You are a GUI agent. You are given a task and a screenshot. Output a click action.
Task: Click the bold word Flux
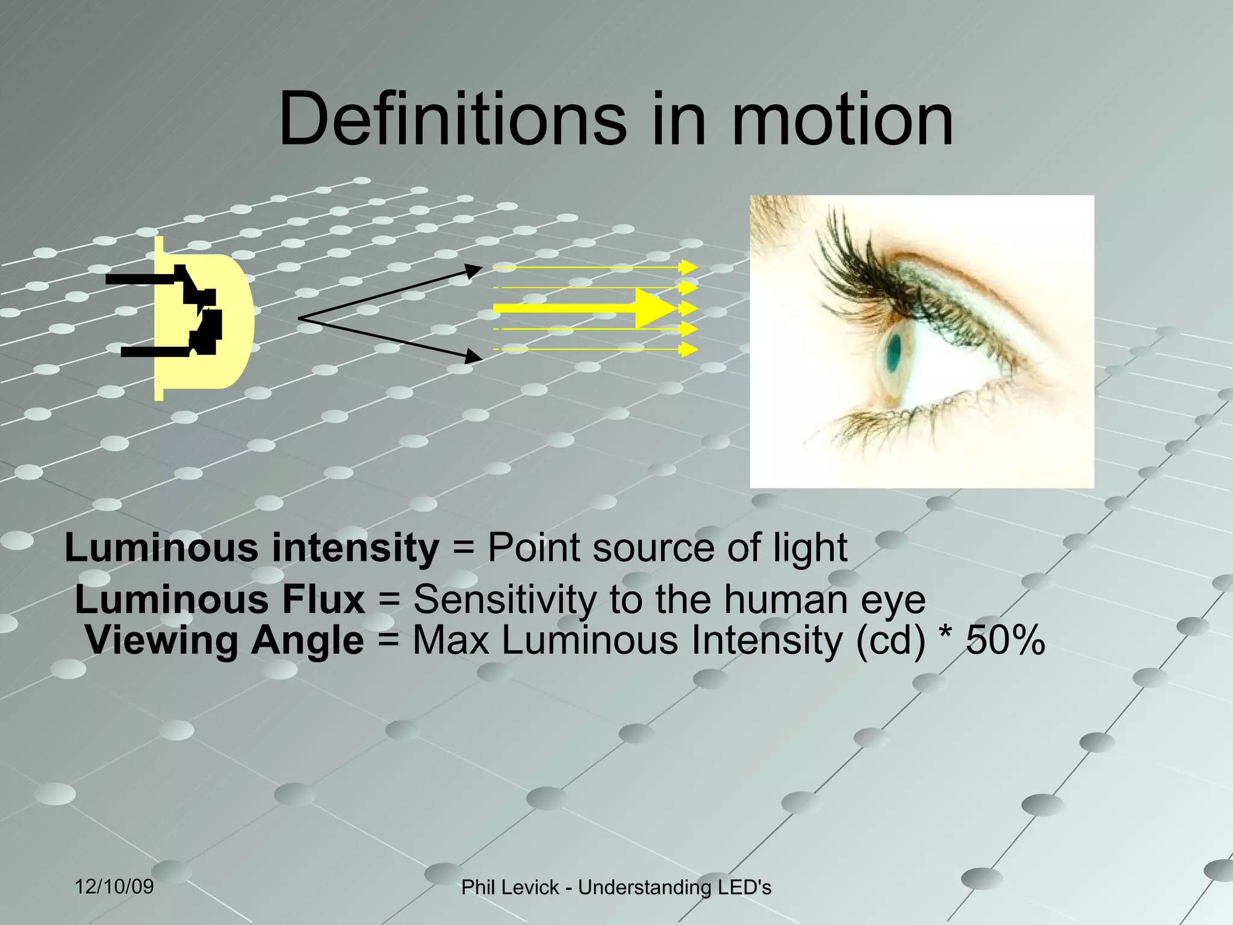tap(323, 600)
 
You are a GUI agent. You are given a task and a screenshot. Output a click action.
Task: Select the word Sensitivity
tap(505, 600)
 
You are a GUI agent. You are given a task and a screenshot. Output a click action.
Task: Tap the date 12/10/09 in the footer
tap(114, 886)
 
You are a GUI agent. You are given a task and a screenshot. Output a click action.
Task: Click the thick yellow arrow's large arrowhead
tap(656, 308)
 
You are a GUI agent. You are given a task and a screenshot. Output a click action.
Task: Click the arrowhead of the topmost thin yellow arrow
tap(688, 267)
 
